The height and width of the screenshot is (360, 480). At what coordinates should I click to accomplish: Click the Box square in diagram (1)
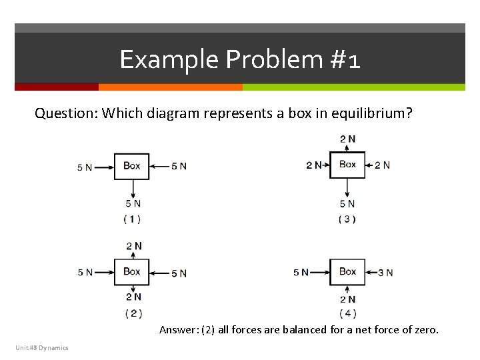131,166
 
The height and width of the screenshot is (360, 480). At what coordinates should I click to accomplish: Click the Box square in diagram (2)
131,271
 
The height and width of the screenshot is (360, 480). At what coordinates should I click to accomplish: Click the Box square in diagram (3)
347,164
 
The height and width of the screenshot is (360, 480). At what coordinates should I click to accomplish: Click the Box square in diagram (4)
347,271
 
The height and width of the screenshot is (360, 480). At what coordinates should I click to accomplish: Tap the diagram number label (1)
132,219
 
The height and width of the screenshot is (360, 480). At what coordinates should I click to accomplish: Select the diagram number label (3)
347,219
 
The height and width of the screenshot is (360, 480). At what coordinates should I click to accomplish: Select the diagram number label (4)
347,313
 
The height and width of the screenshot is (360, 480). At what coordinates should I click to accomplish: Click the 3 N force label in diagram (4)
385,273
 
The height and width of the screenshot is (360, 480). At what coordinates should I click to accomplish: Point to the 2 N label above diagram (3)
347,139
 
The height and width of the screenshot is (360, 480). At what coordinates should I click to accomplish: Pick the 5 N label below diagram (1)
133,204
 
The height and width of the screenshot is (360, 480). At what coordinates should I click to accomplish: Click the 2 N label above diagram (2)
134,246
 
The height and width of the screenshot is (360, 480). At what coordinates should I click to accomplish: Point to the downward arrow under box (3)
347,187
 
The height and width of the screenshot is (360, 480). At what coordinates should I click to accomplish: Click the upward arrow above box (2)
132,256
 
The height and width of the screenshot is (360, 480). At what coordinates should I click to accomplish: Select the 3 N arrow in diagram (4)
371,272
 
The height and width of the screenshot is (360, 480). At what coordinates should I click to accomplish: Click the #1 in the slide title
345,60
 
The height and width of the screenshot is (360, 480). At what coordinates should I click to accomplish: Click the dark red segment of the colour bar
57,87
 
